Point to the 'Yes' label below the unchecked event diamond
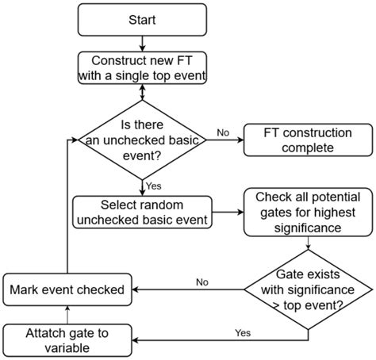pos(155,185)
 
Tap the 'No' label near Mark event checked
pos(203,281)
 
